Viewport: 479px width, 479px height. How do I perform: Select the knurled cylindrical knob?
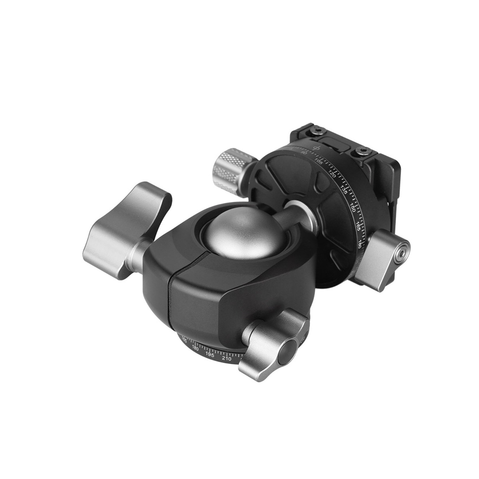pyautogui.click(x=232, y=168)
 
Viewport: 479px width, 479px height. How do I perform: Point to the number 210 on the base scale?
pyautogui.click(x=227, y=358)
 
